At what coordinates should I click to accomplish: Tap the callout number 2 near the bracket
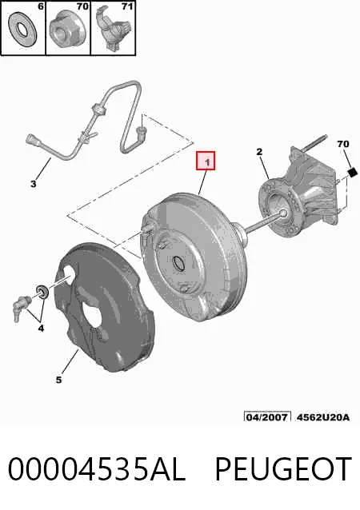pyautogui.click(x=259, y=152)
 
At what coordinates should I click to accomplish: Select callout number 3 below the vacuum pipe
pyautogui.click(x=34, y=184)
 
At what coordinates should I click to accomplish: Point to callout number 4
pyautogui.click(x=41, y=329)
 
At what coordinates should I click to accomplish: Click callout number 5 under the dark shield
pyautogui.click(x=58, y=380)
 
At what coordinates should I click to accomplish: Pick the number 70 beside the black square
pyautogui.click(x=343, y=144)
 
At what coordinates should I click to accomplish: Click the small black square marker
pyautogui.click(x=353, y=172)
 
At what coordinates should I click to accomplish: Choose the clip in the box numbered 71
pyautogui.click(x=114, y=29)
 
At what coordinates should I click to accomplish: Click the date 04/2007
pyautogui.click(x=267, y=417)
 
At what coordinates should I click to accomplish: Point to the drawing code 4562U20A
pyautogui.click(x=323, y=417)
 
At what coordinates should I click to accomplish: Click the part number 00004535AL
pyautogui.click(x=97, y=469)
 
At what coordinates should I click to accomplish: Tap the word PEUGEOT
pyautogui.click(x=283, y=469)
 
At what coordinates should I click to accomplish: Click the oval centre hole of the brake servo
pyautogui.click(x=178, y=263)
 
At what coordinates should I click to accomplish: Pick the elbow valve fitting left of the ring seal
pyautogui.click(x=22, y=308)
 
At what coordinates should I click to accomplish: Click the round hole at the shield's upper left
pyautogui.click(x=70, y=272)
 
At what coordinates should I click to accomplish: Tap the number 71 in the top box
pyautogui.click(x=127, y=6)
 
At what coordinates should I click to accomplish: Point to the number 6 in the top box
pyautogui.click(x=41, y=6)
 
